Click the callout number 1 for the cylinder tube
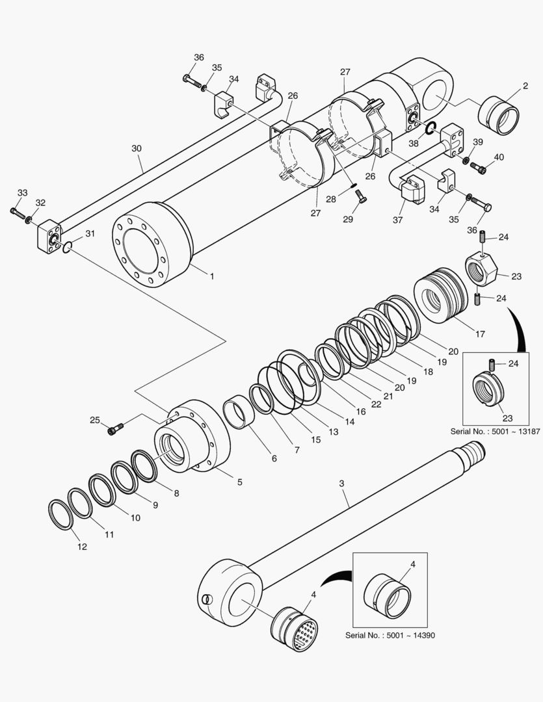[x=211, y=276]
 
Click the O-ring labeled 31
[x=69, y=246]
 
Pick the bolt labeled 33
[x=17, y=213]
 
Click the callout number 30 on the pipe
[x=136, y=148]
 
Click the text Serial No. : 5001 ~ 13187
[x=495, y=432]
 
